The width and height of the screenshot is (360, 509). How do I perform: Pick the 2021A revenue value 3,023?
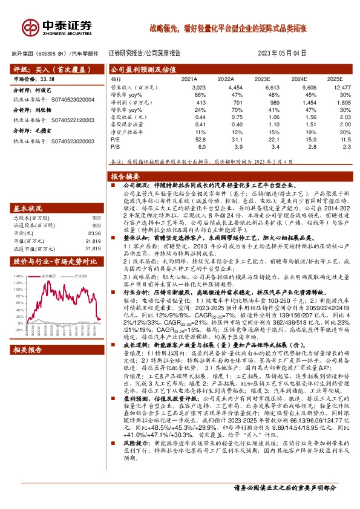pos(189,88)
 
